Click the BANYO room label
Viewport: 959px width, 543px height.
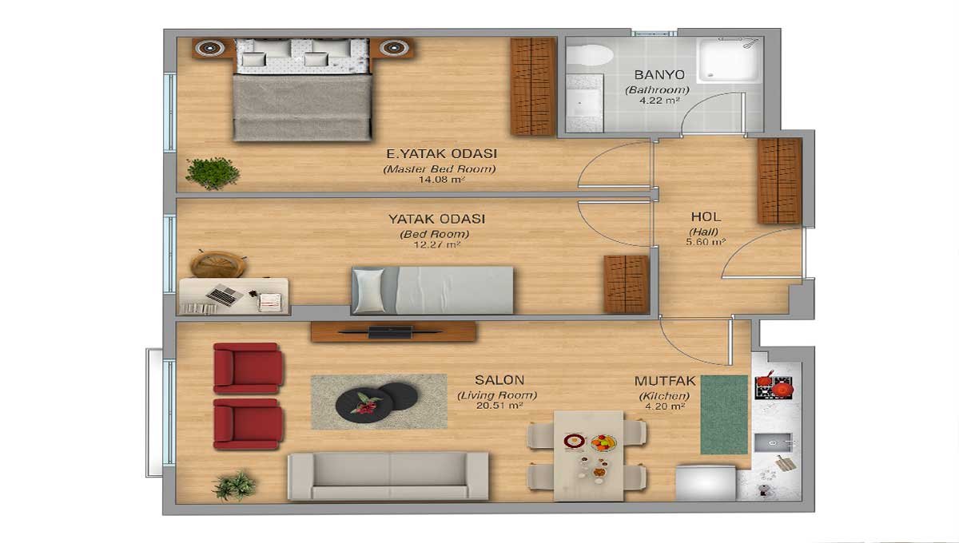tap(659, 75)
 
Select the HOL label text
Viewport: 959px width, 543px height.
tap(706, 217)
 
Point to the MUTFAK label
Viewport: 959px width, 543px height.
tap(664, 381)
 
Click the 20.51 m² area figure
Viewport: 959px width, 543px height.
tap(499, 405)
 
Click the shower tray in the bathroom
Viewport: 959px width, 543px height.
tap(728, 60)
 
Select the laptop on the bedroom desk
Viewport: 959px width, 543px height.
tap(222, 295)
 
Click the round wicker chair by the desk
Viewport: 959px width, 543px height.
tap(218, 264)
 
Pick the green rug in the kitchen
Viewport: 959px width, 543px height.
tap(724, 414)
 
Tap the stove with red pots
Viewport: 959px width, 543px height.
tap(774, 386)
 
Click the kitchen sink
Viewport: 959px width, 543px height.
tap(774, 442)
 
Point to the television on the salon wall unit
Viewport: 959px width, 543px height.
tap(391, 332)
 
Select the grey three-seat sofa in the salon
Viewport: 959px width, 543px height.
tap(388, 476)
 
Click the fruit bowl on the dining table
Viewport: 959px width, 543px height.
tap(603, 443)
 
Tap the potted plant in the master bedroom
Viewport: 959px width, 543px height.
tap(213, 173)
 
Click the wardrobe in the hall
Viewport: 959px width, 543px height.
tap(779, 180)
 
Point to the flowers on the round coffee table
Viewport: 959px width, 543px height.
tap(365, 403)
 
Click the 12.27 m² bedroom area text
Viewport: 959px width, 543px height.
tap(436, 245)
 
